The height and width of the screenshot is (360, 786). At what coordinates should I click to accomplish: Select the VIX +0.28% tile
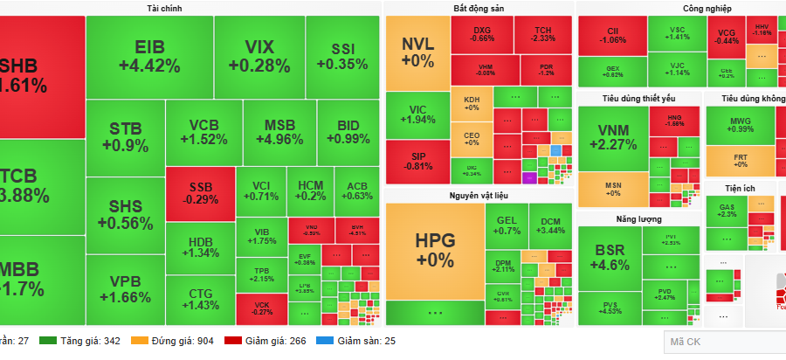tap(259, 56)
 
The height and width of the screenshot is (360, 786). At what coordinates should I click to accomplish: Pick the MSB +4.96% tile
tap(279, 132)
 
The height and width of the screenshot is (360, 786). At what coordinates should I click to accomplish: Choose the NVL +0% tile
tap(417, 52)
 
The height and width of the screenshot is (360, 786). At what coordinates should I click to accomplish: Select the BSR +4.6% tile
tap(610, 258)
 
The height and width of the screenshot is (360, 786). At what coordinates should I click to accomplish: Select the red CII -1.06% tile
tap(612, 36)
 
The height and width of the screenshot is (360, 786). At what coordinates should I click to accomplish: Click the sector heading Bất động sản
tap(479, 8)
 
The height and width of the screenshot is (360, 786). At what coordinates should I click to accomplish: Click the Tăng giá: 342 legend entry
tap(81, 340)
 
